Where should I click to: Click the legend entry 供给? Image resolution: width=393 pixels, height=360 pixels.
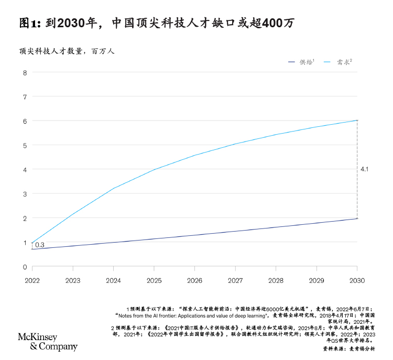[301, 62]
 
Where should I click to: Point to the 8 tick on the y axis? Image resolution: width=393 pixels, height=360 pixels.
[25, 73]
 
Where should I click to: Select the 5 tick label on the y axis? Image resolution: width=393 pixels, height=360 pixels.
[25, 146]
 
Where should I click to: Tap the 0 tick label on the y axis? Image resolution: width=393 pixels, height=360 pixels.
[25, 267]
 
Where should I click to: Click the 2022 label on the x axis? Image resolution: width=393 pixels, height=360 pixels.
[32, 280]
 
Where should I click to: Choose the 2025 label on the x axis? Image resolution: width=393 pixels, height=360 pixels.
[154, 280]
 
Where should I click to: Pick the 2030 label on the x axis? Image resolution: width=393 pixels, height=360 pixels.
[357, 280]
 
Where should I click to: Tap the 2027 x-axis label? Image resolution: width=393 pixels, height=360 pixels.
[235, 280]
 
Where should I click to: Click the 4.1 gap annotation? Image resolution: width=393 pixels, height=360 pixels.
[364, 169]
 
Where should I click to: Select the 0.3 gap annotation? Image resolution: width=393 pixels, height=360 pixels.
[40, 245]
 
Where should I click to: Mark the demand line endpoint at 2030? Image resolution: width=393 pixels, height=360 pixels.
[357, 121]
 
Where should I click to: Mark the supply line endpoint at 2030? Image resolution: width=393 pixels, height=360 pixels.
[357, 219]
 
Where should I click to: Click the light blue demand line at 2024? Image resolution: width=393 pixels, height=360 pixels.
[114, 188]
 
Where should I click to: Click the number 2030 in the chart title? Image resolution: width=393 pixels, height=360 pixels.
[71, 23]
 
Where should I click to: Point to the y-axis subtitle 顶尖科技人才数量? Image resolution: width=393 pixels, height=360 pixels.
[51, 51]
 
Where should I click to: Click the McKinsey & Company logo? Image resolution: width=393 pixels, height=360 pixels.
[48, 342]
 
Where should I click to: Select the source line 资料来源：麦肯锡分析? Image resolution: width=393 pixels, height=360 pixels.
[349, 348]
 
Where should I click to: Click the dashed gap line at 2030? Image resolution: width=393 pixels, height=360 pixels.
[357, 169]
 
